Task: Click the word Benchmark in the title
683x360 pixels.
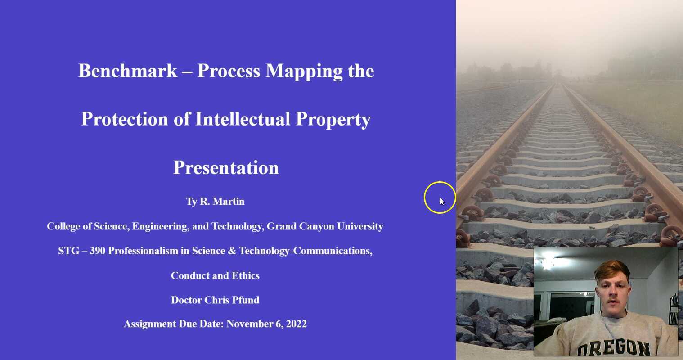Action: [128, 71]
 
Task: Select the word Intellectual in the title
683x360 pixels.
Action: [243, 119]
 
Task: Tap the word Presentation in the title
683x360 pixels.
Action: [226, 168]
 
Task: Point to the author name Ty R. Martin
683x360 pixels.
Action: [215, 202]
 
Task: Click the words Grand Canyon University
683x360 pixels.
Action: [325, 226]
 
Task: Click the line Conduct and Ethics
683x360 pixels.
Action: [215, 276]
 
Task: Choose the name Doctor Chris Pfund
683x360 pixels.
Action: [215, 300]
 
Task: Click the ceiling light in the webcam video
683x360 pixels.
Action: [548, 264]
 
